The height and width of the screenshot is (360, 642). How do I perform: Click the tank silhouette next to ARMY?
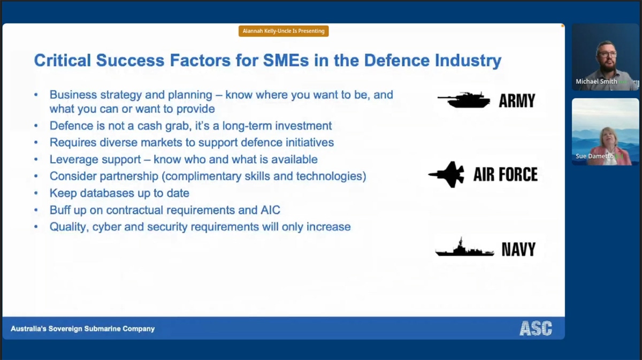click(463, 100)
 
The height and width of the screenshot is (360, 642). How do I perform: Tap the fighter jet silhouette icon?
click(447, 174)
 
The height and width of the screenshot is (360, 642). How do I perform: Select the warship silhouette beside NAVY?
click(464, 249)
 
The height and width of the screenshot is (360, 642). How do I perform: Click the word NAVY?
click(518, 249)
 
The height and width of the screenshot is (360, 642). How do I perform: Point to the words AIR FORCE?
click(505, 174)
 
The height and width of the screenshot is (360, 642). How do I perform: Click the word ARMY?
click(516, 101)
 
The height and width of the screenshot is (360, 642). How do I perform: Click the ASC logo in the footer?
click(535, 328)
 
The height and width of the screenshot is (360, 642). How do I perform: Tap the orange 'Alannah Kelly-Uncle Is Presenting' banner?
click(284, 31)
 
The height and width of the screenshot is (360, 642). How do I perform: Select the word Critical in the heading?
click(62, 60)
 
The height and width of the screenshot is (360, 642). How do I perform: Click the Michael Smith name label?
click(596, 81)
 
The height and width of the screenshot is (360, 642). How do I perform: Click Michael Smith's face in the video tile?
click(606, 55)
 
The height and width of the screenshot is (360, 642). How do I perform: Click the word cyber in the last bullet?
click(106, 227)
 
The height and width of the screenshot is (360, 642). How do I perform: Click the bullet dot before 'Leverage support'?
click(36, 160)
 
